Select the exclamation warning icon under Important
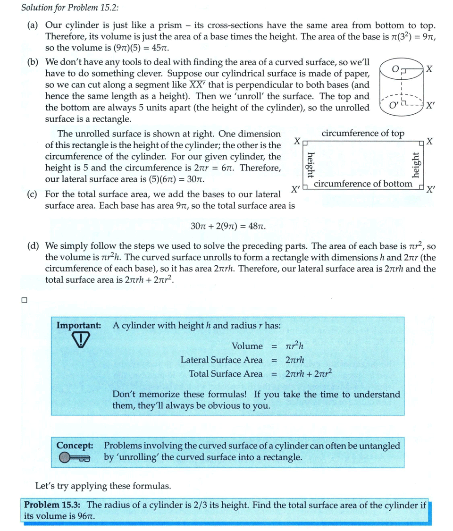coord(81,340)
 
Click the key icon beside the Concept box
coord(75,457)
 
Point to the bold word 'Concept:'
coord(75,446)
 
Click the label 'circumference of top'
coord(363,134)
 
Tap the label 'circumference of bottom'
coord(362,184)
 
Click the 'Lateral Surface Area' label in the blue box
coord(221,360)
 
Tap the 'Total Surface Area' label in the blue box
coord(226,374)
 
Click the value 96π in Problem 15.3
coord(85,516)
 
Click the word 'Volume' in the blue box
coord(247,346)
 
